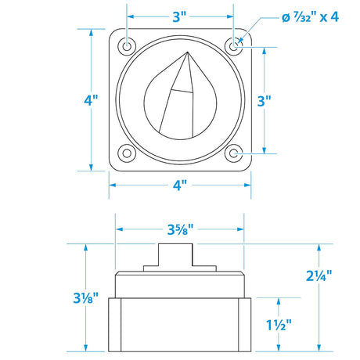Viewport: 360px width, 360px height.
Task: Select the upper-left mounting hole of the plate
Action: pyautogui.click(x=128, y=48)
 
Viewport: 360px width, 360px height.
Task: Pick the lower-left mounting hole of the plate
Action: pyautogui.click(x=128, y=153)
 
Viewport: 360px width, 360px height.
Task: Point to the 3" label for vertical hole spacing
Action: pyautogui.click(x=264, y=100)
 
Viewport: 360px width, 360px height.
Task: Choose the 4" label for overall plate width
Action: pyautogui.click(x=181, y=185)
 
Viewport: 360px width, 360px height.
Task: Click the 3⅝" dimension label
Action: pyautogui.click(x=181, y=230)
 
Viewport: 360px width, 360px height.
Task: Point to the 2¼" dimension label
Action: pyautogui.click(x=320, y=275)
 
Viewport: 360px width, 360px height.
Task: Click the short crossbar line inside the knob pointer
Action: pyautogui.click(x=182, y=92)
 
